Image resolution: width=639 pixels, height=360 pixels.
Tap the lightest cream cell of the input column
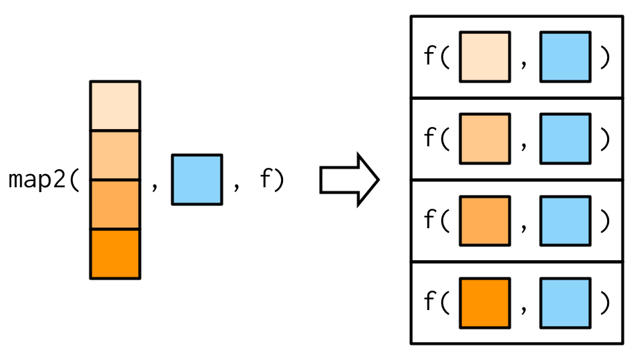pos(115,105)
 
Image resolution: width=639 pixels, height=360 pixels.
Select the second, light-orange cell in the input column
pos(115,155)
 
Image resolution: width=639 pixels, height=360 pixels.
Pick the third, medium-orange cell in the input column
pos(115,205)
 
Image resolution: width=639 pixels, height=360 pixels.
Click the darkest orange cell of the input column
pos(115,254)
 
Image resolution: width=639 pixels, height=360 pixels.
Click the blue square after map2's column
pos(197,180)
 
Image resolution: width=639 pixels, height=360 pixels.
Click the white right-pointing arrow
pos(349,180)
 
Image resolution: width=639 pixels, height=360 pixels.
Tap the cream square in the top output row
pos(484,57)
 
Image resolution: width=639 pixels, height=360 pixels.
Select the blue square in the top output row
pos(565,57)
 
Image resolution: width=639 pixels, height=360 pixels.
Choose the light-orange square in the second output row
pos(484,139)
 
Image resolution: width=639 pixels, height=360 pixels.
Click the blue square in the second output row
pos(565,139)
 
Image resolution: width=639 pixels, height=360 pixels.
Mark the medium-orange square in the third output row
pos(484,221)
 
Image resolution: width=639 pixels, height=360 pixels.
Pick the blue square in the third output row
pos(565,221)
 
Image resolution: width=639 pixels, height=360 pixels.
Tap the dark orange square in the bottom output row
pos(484,303)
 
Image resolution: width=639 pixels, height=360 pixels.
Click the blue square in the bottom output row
pos(565,303)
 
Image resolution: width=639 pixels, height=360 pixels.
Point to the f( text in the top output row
pos(437,57)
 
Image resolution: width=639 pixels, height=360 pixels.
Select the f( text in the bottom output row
pos(437,303)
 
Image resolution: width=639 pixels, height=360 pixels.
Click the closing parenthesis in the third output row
pos(605,221)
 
